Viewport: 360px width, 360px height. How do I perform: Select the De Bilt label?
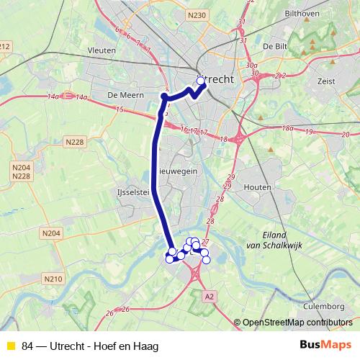tap(275, 45)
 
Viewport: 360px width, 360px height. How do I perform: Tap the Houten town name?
tap(257, 186)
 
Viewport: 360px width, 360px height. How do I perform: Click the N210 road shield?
tap(53, 279)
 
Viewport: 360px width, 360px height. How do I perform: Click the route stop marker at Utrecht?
tap(202, 81)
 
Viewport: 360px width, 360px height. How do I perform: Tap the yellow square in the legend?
tap(9, 346)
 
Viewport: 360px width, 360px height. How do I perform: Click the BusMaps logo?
tap(325, 344)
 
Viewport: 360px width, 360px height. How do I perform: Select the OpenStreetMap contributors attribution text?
tap(297, 322)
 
